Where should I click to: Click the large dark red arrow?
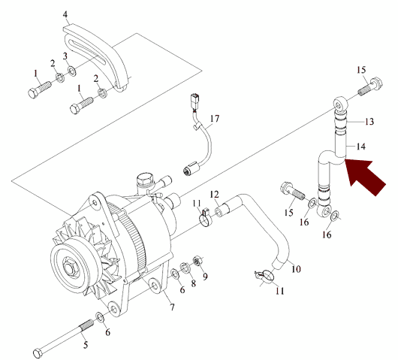tap(363, 175)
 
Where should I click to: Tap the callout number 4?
tap(65, 14)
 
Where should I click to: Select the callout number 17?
tap(215, 119)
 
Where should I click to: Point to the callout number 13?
tap(369, 122)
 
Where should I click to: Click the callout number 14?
tap(360, 147)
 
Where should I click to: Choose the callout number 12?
tap(214, 195)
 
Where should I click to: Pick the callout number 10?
tap(296, 268)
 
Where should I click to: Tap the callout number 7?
tap(173, 307)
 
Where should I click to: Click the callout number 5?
tap(86, 345)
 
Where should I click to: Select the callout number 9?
tap(205, 276)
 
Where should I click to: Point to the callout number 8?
tap(194, 283)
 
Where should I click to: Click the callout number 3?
tap(65, 56)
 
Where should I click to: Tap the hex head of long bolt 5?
tap(38, 353)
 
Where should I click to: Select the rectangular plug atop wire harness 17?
tap(195, 98)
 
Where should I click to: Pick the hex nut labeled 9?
tap(197, 261)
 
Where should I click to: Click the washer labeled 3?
tap(72, 71)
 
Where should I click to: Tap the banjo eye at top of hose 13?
tap(340, 104)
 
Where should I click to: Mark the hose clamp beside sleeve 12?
tap(206, 219)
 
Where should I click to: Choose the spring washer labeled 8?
tap(185, 268)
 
